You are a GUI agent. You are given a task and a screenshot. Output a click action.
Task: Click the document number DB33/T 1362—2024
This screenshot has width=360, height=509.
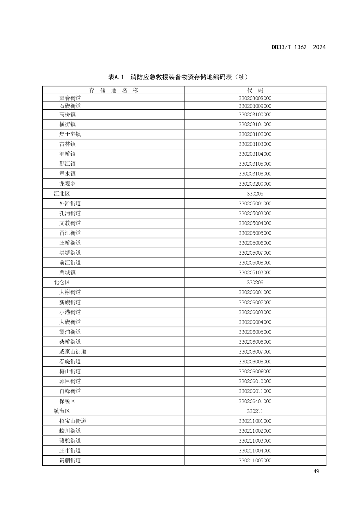299,47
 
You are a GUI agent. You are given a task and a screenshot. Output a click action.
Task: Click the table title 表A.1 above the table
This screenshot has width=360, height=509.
178,77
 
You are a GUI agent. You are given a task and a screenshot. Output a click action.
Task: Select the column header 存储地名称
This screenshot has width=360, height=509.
113,90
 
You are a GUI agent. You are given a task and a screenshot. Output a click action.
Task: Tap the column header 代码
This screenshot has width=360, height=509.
255,90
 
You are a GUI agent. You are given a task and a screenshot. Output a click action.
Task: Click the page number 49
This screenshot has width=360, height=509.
316,471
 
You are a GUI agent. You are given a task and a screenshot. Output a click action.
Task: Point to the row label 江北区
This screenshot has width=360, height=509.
62,193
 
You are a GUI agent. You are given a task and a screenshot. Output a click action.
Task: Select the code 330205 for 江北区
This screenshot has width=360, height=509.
255,193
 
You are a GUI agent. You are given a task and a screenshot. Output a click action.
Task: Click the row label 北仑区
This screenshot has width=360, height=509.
62,282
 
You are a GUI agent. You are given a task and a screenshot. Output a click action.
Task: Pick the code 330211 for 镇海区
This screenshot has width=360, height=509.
255,411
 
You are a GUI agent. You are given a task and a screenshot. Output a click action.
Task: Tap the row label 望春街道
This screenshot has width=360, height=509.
70,98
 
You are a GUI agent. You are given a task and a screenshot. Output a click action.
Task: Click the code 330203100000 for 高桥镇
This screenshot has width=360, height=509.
255,115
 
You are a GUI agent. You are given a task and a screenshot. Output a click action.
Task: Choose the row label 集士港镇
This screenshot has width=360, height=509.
70,134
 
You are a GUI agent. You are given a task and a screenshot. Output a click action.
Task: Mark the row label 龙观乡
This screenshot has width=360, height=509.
68,184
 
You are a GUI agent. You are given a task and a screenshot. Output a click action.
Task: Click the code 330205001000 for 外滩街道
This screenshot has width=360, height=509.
255,203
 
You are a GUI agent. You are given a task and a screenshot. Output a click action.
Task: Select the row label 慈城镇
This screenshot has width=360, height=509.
68,272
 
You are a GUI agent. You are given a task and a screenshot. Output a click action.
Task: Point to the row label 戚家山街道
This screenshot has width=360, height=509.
73,352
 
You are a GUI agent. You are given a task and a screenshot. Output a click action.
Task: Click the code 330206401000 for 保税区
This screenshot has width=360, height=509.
255,401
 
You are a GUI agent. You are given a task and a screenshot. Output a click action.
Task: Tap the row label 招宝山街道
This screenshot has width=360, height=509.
73,421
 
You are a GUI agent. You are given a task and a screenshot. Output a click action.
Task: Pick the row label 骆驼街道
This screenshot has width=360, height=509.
70,441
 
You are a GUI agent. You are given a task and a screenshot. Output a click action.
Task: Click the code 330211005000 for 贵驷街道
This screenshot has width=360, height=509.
255,460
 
